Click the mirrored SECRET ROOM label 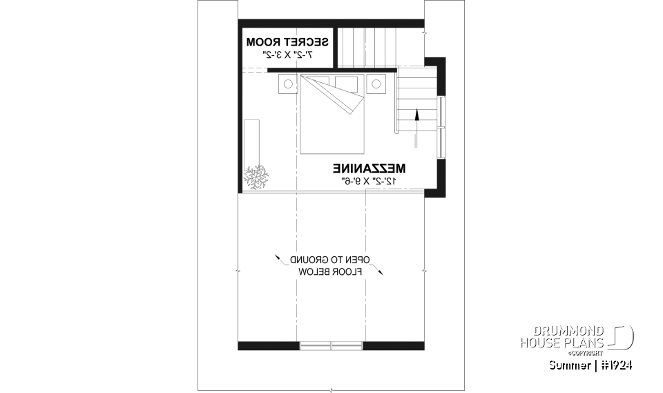pyautogui.click(x=287, y=43)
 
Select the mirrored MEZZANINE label pyautogui.click(x=369, y=169)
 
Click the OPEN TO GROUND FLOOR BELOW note pyautogui.click(x=330, y=266)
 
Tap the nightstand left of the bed pyautogui.click(x=287, y=84)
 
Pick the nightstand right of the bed pyautogui.click(x=375, y=84)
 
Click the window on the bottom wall pyautogui.click(x=331, y=345)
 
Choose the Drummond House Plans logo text pyautogui.click(x=563, y=337)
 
